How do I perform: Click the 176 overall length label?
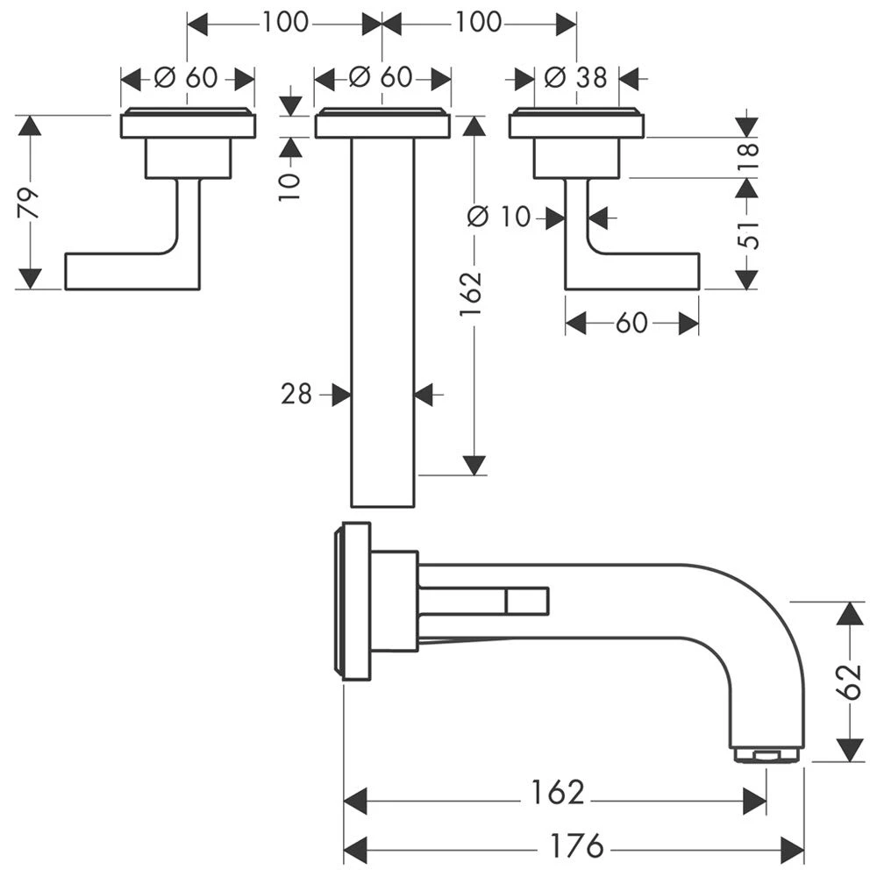click(x=577, y=846)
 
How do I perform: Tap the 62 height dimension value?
click(x=849, y=681)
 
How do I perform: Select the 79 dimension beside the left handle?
click(x=28, y=203)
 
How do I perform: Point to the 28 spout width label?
click(x=296, y=395)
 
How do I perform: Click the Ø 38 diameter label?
click(x=575, y=77)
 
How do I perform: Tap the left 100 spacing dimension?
click(x=285, y=22)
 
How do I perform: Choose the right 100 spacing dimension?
click(x=479, y=22)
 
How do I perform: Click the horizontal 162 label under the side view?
click(x=556, y=792)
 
